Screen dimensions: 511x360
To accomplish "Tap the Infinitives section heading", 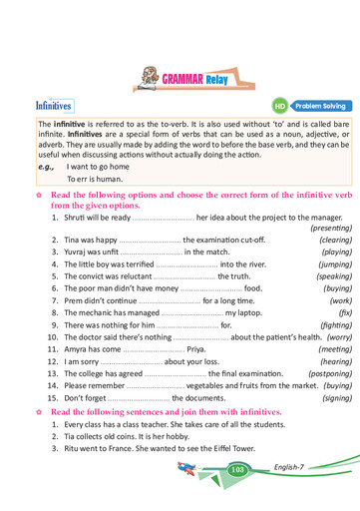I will click(x=53, y=104).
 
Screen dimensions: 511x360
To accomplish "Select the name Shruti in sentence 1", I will click(x=76, y=217).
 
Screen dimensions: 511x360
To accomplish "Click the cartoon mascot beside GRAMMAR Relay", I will click(x=149, y=73).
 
